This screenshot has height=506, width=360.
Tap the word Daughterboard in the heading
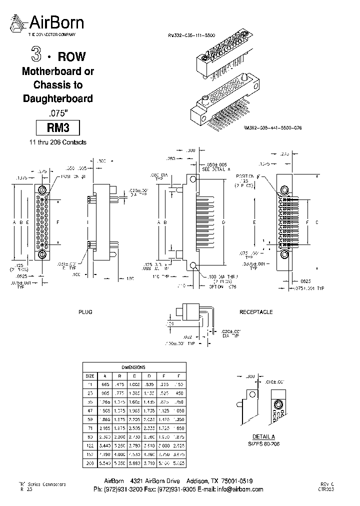coord(58,98)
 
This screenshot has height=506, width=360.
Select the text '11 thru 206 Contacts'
coord(57,142)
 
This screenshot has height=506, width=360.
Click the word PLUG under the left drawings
coord(85,312)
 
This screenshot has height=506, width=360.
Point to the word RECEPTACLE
coord(256,312)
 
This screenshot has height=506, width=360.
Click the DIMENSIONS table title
coord(133,366)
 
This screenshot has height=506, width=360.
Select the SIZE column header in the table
coord(89,375)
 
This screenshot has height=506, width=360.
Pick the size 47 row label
coord(90,410)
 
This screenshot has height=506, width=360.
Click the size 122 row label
coord(90,445)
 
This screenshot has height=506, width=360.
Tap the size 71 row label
coord(90,428)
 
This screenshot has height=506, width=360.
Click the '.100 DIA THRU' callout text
coord(220,276)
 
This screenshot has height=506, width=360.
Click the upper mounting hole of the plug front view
coord(41,190)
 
